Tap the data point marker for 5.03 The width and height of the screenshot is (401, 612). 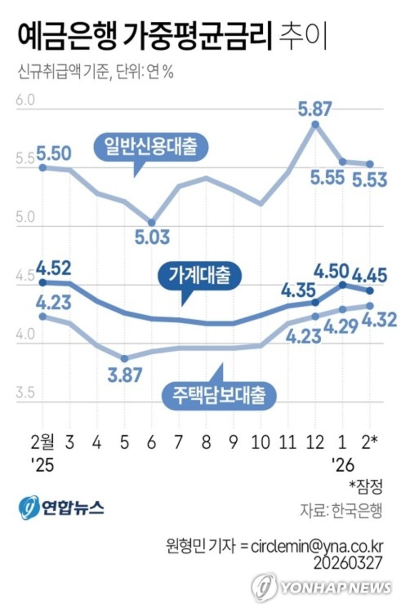[152, 223]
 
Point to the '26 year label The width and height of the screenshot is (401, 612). [343, 465]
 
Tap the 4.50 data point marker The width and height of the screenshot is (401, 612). [343, 284]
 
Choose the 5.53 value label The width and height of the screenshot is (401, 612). [370, 180]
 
